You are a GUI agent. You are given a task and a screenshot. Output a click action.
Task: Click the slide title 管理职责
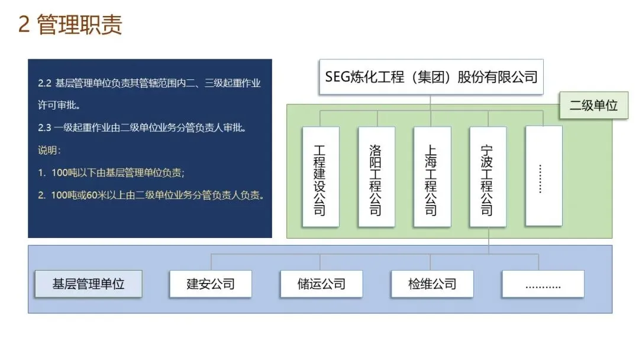click(79, 25)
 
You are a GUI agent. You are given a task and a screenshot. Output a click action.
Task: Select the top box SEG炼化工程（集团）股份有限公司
click(431, 77)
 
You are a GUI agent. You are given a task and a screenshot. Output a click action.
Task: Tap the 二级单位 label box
click(593, 105)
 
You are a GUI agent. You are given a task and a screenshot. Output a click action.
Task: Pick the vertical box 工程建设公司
click(320, 176)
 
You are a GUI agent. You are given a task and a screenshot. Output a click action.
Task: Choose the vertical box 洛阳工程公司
click(376, 176)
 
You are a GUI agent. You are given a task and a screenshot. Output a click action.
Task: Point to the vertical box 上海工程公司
click(431, 176)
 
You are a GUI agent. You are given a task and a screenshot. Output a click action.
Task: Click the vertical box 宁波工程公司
click(488, 176)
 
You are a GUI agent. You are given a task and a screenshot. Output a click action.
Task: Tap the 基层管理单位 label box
click(88, 284)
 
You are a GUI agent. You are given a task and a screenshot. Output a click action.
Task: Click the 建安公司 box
click(211, 284)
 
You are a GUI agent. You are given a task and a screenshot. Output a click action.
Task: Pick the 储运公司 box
click(321, 284)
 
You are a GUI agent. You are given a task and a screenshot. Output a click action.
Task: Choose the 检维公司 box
click(432, 284)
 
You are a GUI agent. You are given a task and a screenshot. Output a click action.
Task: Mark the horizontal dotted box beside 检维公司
click(543, 284)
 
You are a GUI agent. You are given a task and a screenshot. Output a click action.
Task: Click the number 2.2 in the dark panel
click(44, 83)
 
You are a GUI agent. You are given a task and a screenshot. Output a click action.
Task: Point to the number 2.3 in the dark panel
click(44, 127)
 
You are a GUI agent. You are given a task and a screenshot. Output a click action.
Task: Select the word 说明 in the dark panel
click(47, 150)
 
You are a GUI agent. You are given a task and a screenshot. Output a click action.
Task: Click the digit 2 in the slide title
click(24, 25)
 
